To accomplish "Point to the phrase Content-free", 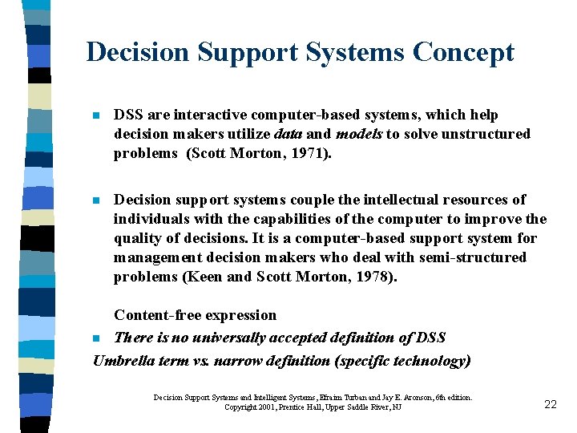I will [x=156, y=315].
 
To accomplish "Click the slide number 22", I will [x=550, y=404].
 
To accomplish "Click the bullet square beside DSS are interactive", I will [x=96, y=116].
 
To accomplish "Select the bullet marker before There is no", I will [x=96, y=338].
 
